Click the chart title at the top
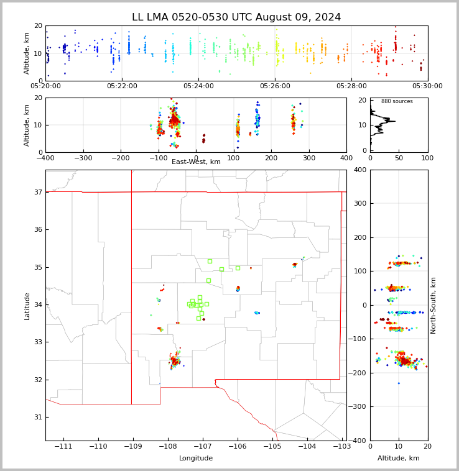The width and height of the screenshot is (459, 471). [x=236, y=17]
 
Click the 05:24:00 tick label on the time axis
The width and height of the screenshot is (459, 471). [x=198, y=86]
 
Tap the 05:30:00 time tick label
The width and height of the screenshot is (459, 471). [x=427, y=86]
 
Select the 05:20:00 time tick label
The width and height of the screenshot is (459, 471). [x=45, y=86]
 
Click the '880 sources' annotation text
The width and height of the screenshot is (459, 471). [x=397, y=101]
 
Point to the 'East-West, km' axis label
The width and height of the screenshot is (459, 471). [x=196, y=162]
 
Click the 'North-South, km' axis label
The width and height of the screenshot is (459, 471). [x=433, y=305]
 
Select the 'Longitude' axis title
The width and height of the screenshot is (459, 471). [x=196, y=459]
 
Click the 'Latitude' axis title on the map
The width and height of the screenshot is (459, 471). [x=27, y=306]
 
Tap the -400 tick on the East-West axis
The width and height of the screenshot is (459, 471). [x=45, y=158]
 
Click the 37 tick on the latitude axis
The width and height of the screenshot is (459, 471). [x=38, y=193]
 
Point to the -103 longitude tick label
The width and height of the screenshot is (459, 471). [x=341, y=447]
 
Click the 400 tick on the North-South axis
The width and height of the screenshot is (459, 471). [x=359, y=170]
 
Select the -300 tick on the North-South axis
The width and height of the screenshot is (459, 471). [x=357, y=407]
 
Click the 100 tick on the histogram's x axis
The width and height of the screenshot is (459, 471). [x=427, y=158]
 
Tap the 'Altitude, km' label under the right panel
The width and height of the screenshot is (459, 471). [x=399, y=459]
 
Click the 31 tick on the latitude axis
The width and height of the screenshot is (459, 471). [x=38, y=417]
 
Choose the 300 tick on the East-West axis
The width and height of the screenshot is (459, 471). [x=308, y=158]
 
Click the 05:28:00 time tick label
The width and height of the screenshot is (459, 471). [x=351, y=86]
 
